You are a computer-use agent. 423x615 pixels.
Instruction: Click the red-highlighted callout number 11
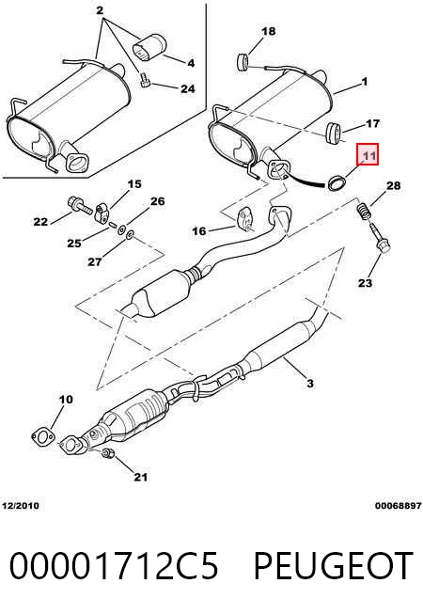[x=368, y=156]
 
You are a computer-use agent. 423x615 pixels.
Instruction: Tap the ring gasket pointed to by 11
[x=337, y=183]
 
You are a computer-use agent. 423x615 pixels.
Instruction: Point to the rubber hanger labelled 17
[x=333, y=133]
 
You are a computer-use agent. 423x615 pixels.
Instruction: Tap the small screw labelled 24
[x=145, y=81]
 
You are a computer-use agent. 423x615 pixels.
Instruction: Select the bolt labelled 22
[x=80, y=205]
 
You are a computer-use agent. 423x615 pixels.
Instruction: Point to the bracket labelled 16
[x=244, y=218]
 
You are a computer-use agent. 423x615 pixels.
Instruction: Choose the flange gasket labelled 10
[x=42, y=437]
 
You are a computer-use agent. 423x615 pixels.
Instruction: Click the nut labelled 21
[x=107, y=453]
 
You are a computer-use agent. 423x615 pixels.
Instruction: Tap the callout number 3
[x=309, y=383]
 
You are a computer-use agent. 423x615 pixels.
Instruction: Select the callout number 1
[x=364, y=82]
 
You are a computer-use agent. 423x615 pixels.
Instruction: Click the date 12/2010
[x=21, y=506]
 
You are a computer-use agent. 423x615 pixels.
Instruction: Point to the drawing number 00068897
[x=398, y=506]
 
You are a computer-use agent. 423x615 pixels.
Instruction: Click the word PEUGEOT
[x=333, y=565]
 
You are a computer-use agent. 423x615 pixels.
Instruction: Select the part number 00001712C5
[x=114, y=565]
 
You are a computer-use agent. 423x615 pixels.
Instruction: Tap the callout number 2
[x=100, y=10]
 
